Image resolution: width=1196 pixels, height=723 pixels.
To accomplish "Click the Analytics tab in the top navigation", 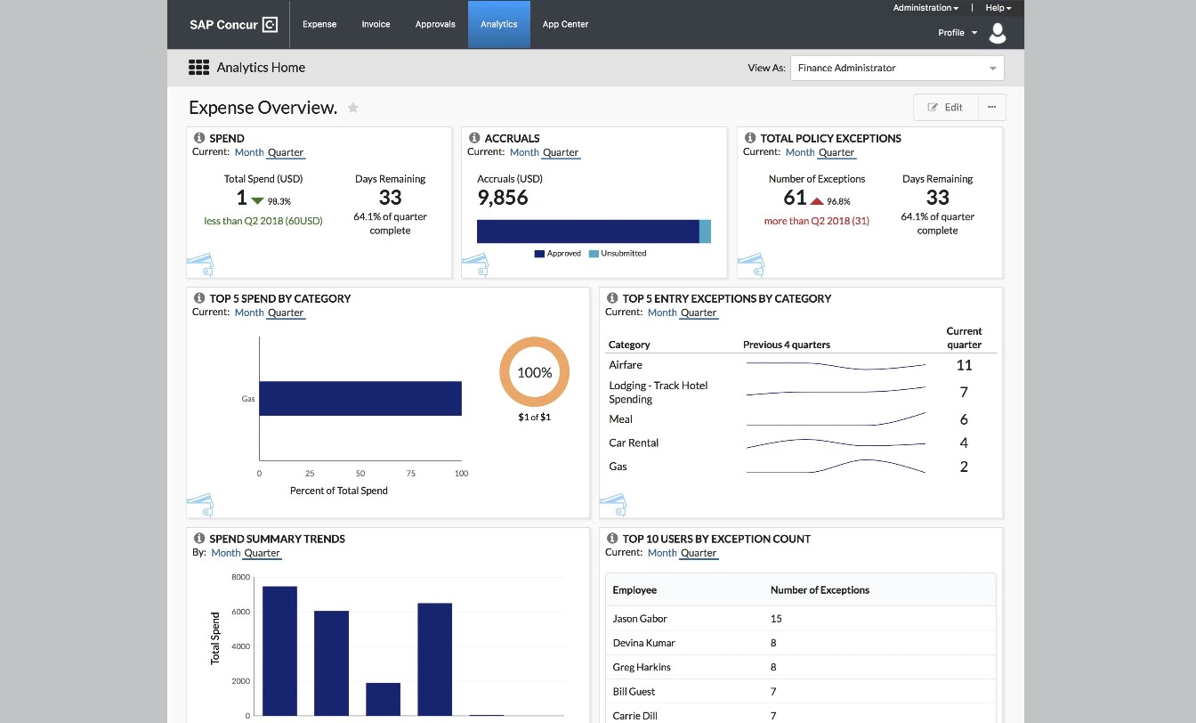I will click(x=498, y=24).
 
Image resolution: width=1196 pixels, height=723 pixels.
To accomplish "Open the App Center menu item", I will click(x=565, y=24).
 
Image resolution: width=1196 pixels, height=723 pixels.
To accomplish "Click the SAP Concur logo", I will click(x=233, y=25).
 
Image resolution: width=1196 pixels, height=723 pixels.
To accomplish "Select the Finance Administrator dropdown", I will click(x=896, y=68).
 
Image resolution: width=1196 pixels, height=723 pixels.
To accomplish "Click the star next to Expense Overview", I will click(x=353, y=108).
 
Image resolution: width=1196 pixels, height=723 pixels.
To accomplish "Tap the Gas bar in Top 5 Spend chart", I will click(x=360, y=398).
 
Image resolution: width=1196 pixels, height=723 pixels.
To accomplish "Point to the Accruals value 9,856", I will click(x=503, y=198).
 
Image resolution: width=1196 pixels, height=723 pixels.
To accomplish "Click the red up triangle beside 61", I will click(x=817, y=201).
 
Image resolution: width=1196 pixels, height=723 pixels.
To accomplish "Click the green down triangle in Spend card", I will click(x=257, y=201).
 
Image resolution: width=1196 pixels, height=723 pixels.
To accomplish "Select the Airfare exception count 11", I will click(x=964, y=365).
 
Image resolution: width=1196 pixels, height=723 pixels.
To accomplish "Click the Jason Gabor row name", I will click(x=640, y=619).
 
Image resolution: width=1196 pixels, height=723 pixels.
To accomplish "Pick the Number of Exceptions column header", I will click(x=820, y=589).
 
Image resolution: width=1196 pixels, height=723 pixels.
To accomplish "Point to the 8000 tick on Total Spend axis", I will click(x=241, y=577).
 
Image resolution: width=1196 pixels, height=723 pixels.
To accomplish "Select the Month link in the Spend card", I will click(x=249, y=152).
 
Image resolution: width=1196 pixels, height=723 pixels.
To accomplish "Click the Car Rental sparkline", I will click(x=836, y=443).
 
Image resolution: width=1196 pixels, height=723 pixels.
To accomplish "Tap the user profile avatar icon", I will click(x=998, y=33).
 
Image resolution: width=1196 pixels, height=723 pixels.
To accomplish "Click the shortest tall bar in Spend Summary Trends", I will click(x=383, y=699).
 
